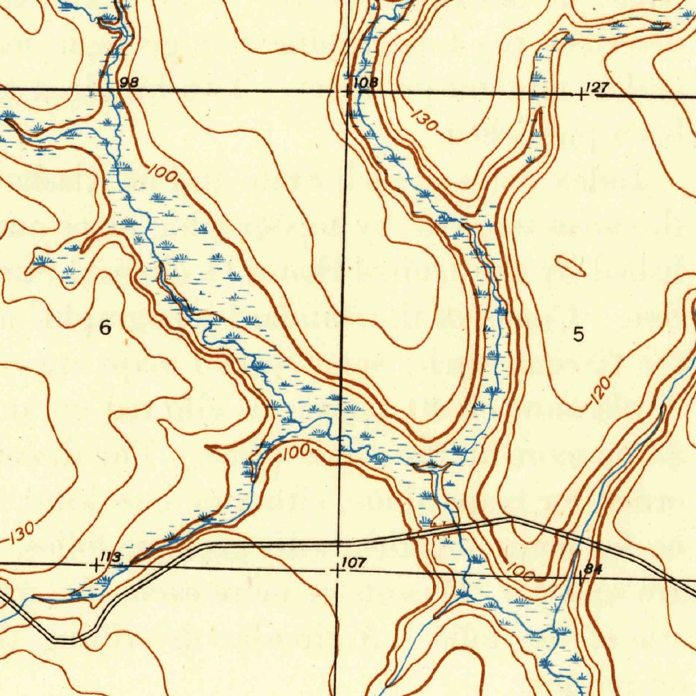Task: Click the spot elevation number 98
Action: pos(128,83)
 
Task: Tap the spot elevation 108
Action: pos(366,84)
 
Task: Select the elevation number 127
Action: pos(599,87)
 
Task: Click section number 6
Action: pos(105,328)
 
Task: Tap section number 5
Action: pos(578,335)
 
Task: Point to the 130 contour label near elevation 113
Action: pos(22,535)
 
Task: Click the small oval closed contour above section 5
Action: pos(570,267)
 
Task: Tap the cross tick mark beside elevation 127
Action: pos(581,94)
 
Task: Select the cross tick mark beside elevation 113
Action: pos(96,564)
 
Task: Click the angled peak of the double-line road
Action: pos(511,519)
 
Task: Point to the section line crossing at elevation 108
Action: pos(348,90)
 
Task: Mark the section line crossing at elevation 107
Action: pos(338,570)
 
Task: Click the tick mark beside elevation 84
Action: pos(580,578)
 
